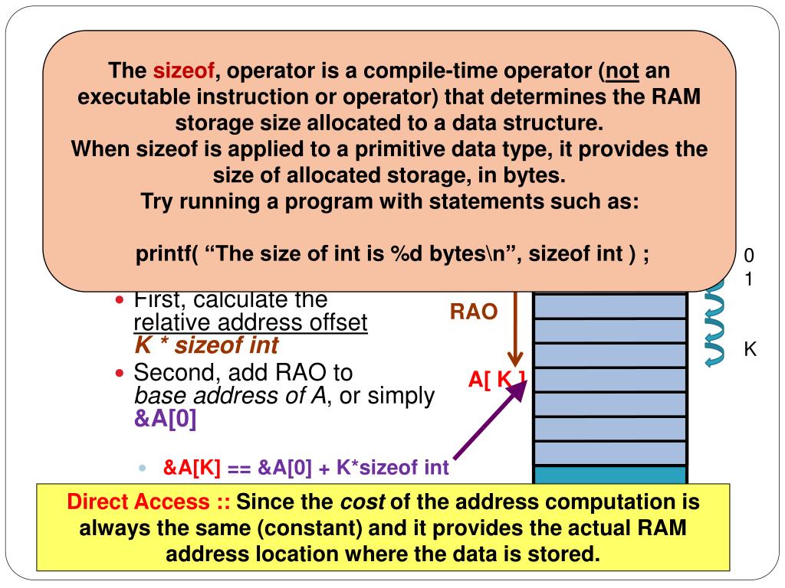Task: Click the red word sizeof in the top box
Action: [x=184, y=72]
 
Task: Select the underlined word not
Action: [x=622, y=72]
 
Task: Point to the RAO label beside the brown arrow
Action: [x=473, y=312]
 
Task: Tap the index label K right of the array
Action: [x=750, y=351]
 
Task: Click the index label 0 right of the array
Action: [x=749, y=255]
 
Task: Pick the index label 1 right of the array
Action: [x=749, y=279]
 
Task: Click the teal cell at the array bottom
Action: [x=609, y=475]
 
